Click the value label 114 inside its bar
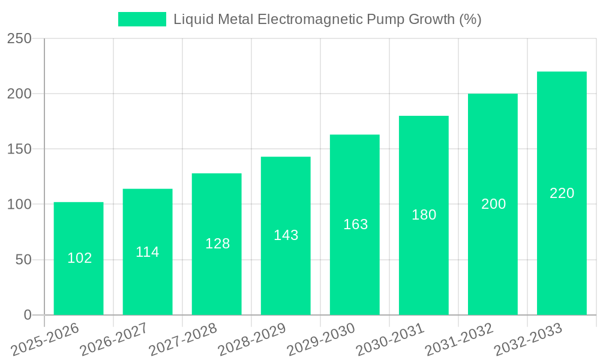pyautogui.click(x=148, y=252)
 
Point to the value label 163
pyautogui.click(x=355, y=224)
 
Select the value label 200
pyautogui.click(x=493, y=204)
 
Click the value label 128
pyautogui.click(x=217, y=244)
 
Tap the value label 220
pyautogui.click(x=562, y=193)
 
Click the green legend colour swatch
pyautogui.click(x=142, y=19)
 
